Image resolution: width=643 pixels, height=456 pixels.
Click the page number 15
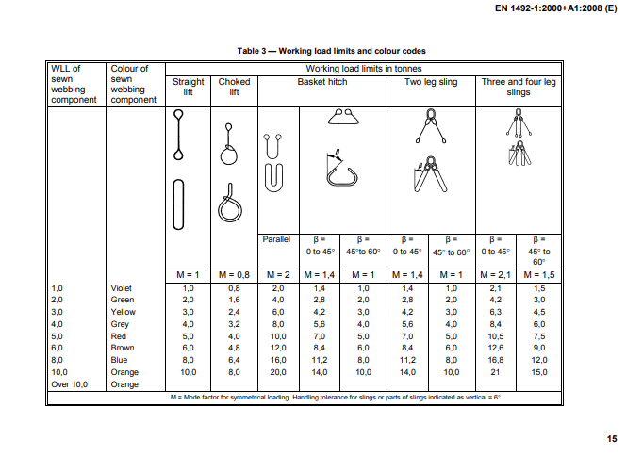click(612, 438)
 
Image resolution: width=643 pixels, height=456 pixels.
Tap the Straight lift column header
click(188, 87)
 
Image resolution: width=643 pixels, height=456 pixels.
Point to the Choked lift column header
click(234, 87)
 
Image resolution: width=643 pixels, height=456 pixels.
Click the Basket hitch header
click(322, 82)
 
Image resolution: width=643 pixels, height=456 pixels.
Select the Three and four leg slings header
click(519, 87)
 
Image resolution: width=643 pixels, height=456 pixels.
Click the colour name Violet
click(123, 287)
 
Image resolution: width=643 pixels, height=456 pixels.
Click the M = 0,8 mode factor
click(234, 273)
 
